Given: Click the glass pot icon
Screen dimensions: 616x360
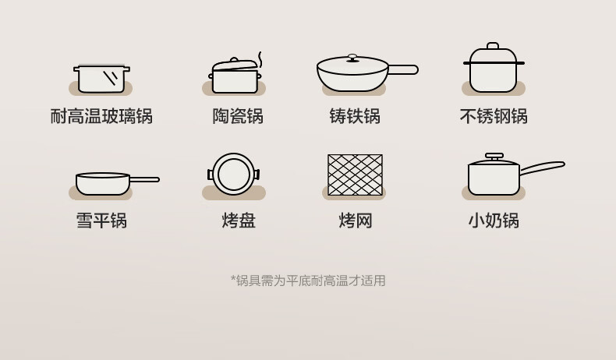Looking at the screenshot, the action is tap(101, 79).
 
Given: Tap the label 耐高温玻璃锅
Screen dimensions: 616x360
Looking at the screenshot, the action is tap(101, 116).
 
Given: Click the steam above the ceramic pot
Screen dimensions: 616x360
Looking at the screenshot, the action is tap(260, 60).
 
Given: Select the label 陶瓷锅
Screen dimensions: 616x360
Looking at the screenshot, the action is tap(238, 116).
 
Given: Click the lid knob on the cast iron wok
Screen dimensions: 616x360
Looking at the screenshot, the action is tap(352, 58).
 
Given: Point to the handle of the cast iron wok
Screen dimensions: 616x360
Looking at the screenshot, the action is tap(403, 70).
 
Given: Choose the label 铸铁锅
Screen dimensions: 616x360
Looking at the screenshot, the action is tap(355, 116).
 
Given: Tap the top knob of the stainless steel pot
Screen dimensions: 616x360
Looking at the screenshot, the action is tap(493, 45).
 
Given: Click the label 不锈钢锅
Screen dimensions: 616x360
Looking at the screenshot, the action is tap(494, 116).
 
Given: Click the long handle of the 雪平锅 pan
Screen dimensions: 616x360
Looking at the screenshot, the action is tap(144, 179).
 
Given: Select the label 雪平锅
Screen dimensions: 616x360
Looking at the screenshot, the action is tap(101, 221).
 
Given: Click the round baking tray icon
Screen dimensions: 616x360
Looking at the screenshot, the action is tap(234, 174).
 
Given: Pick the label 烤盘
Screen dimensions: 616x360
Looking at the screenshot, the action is tap(239, 221).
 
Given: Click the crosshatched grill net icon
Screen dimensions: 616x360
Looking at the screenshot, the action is tap(355, 175).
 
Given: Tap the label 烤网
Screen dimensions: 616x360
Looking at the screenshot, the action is tap(355, 221).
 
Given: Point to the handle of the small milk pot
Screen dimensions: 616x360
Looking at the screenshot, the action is tap(542, 168).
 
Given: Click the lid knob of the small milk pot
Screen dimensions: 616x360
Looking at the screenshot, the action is tap(494, 156).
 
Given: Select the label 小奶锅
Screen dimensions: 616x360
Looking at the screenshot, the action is tap(494, 221).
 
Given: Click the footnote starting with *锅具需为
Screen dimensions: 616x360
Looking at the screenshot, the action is tap(308, 281).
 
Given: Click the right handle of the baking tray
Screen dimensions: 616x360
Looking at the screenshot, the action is tap(257, 175).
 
